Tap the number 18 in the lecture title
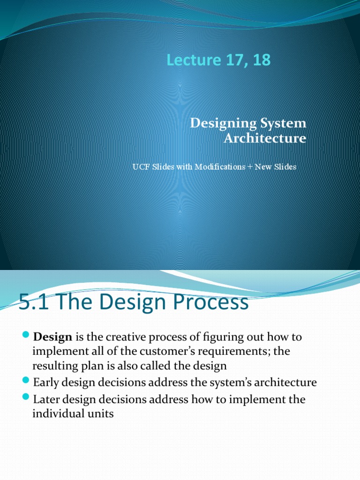(261, 60)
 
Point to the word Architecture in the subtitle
(265, 138)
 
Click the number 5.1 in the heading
(32, 302)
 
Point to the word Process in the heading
(213, 302)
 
